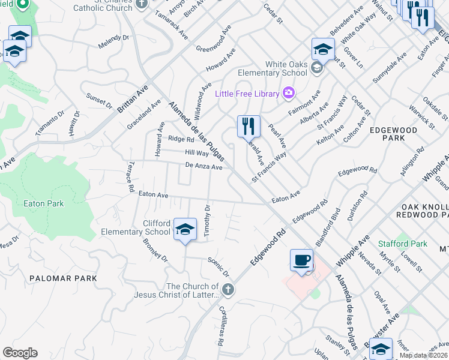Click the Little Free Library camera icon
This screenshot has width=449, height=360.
[289, 93]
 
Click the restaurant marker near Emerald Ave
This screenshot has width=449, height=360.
[248, 127]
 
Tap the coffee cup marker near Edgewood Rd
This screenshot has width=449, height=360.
[301, 260]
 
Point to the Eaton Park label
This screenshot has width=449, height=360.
[43, 203]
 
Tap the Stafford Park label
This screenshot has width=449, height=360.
[403, 244]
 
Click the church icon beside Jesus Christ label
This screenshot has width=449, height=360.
[227, 290]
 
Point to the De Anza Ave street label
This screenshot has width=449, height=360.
[204, 166]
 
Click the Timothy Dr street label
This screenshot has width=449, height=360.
[207, 221]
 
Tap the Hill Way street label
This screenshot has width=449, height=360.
[196, 154]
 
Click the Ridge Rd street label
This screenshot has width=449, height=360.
[181, 139]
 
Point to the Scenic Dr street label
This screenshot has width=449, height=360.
[218, 267]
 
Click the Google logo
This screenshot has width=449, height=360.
[20, 353]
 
